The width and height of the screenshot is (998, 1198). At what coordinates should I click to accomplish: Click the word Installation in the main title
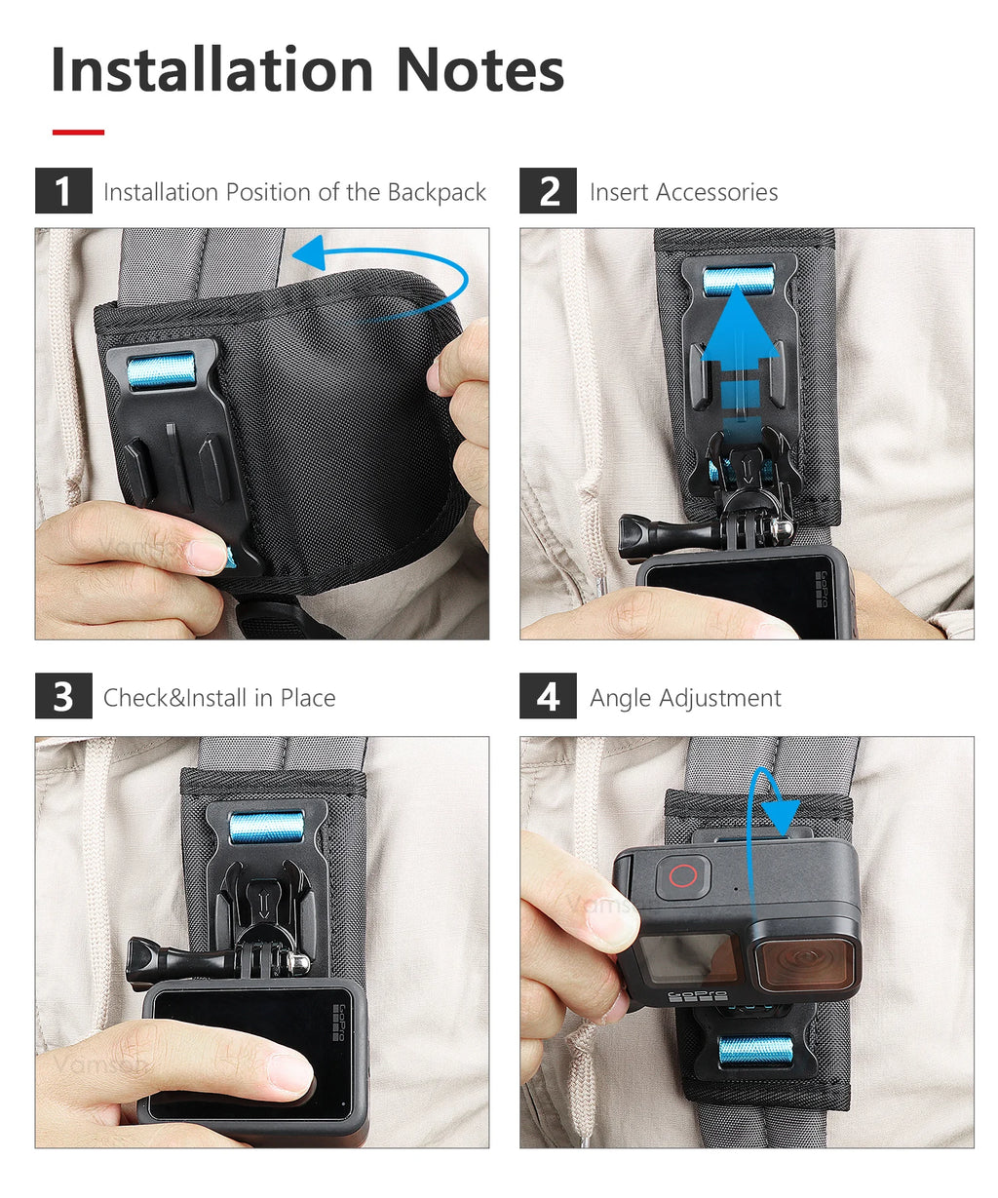[212, 69]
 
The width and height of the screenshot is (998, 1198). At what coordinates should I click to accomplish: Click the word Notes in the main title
[480, 69]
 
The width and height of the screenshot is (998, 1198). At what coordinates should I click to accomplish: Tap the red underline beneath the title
[78, 132]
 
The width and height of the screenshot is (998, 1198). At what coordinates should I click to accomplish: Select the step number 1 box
[63, 190]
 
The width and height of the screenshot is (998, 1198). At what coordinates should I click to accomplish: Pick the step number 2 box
[548, 190]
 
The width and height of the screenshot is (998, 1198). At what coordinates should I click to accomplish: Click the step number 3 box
[63, 695]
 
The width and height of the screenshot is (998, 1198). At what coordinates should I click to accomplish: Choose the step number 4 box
[548, 695]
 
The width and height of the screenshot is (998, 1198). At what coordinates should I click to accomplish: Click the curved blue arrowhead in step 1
[310, 253]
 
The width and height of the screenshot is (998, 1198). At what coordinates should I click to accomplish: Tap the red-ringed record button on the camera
[683, 875]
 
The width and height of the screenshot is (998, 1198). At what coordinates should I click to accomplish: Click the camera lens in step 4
[805, 957]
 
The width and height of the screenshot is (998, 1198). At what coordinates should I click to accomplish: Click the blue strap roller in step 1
[161, 370]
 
